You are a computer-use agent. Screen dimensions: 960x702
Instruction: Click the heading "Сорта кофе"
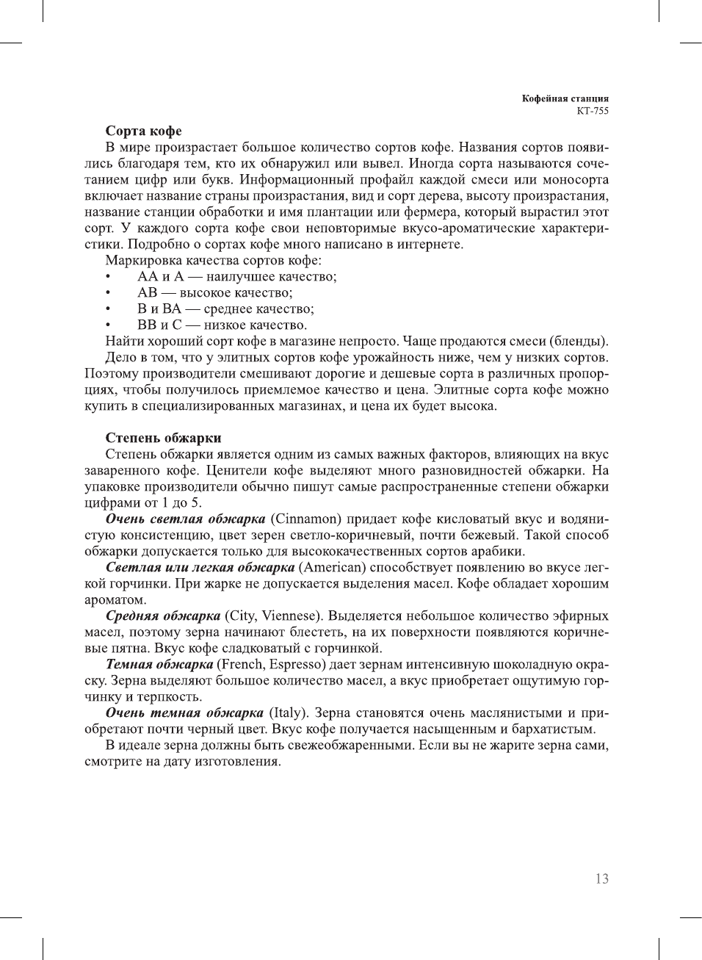pos(143,131)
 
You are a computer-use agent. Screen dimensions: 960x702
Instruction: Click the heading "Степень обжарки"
pos(163,439)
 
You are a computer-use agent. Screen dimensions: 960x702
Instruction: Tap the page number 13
pos(601,879)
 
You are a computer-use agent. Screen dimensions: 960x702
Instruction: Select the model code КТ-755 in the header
pos(593,111)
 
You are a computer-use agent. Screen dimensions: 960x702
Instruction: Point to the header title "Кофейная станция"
pos(565,98)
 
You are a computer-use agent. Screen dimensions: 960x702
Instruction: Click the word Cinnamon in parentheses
pos(306,519)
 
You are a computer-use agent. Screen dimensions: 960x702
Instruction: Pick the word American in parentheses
pos(333,568)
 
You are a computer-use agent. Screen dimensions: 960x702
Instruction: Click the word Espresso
pos(297,665)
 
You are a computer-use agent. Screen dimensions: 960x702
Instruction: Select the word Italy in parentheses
pos(289,713)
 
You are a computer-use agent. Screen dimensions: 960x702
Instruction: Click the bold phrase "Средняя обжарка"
pos(163,616)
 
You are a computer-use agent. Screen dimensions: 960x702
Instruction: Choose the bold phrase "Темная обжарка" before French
pos(159,665)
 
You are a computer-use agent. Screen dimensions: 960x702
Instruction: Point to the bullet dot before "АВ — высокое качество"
pos(109,293)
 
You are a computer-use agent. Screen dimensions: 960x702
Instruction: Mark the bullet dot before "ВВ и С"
pos(109,325)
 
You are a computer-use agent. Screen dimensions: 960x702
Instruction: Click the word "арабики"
pos(500,552)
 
